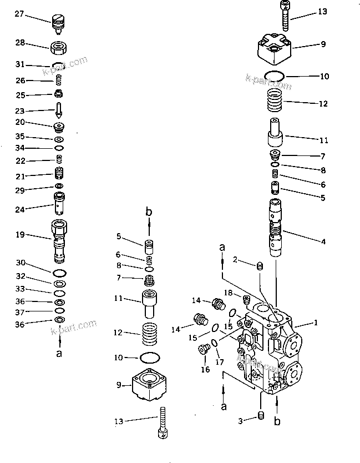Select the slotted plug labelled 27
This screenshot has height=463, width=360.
[59, 22]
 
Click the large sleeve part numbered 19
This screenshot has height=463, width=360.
[60, 240]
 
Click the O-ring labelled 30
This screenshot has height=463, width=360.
[59, 273]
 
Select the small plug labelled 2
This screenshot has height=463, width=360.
[259, 269]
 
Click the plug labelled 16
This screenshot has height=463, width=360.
[203, 349]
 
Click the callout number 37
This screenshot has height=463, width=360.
[19, 311]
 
